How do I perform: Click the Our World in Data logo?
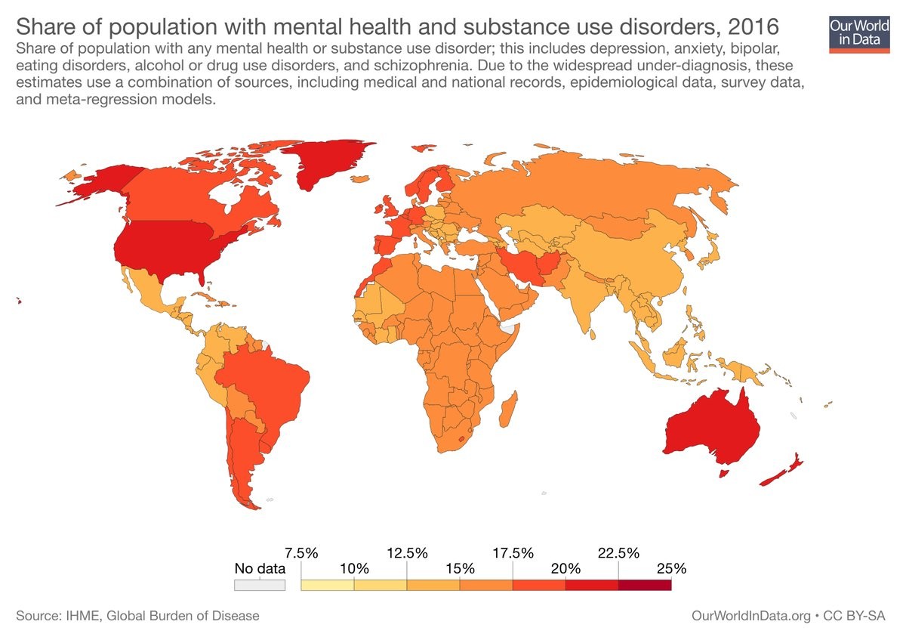click(x=858, y=33)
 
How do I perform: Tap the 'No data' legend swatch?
click(x=260, y=585)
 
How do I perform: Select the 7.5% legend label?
click(x=301, y=552)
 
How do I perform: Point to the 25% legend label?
click(x=670, y=568)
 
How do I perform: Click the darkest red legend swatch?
click(x=644, y=585)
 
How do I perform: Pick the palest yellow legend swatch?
click(x=327, y=585)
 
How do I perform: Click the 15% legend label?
click(x=460, y=568)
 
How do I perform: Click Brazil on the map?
click(x=272, y=385)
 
